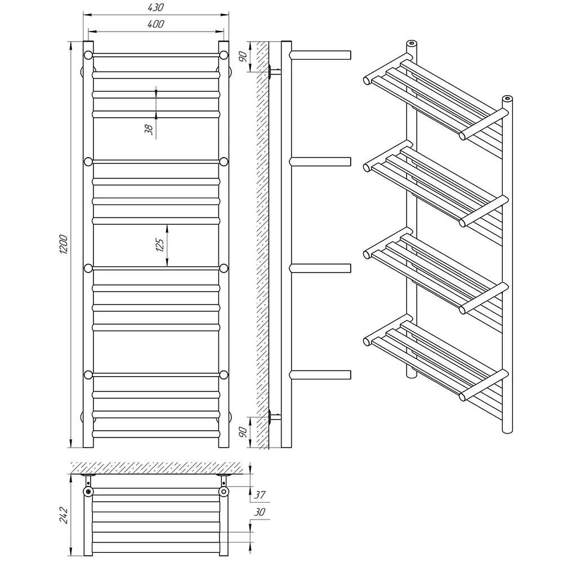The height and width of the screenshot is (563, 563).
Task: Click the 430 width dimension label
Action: (155, 7)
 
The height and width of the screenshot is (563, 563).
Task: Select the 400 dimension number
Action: (155, 24)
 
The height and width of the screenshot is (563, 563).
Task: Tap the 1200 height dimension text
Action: (63, 244)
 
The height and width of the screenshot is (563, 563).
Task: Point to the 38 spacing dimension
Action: (149, 129)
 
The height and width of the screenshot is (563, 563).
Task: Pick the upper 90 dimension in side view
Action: (243, 56)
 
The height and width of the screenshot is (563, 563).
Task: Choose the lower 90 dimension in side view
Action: (243, 432)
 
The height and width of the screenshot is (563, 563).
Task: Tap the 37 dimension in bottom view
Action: (260, 495)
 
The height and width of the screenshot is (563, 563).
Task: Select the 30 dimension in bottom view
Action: (260, 512)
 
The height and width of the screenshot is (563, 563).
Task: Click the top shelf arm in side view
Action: (320, 55)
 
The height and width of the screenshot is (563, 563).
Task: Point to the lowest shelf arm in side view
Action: (320, 375)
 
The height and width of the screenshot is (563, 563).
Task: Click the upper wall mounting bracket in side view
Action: (274, 72)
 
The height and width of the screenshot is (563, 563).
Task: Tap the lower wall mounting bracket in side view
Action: (274, 417)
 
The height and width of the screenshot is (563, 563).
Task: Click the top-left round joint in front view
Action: (88, 55)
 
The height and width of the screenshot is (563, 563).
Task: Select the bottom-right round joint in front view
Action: (224, 375)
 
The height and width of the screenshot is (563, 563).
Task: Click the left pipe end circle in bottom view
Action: (88, 491)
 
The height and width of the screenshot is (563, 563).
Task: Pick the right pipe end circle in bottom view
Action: (224, 491)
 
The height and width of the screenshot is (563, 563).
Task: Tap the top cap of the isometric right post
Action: (507, 98)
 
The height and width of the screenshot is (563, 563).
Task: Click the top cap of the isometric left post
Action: (412, 43)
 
